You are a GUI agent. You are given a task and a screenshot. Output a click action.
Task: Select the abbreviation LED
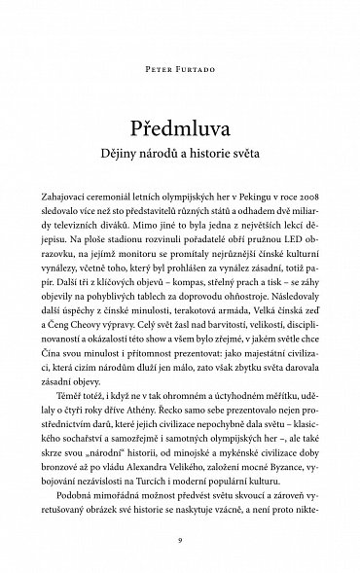point(276,235)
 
